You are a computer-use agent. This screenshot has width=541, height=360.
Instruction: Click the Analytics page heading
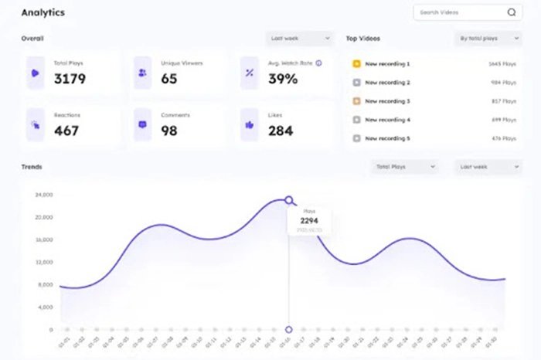pyautogui.click(x=43, y=13)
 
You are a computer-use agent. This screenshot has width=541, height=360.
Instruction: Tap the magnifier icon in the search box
pyautogui.click(x=511, y=12)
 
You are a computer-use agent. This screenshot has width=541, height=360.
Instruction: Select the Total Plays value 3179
pyautogui.click(x=70, y=79)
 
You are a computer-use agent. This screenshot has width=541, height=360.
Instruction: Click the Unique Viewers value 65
pyautogui.click(x=168, y=79)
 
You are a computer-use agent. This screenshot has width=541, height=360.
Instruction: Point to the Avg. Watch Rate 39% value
pyautogui.click(x=282, y=79)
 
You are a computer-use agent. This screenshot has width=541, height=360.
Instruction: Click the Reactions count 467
pyautogui.click(x=66, y=131)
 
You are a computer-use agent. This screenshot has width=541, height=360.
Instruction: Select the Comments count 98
pyautogui.click(x=168, y=131)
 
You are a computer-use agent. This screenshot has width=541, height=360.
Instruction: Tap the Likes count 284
pyautogui.click(x=280, y=131)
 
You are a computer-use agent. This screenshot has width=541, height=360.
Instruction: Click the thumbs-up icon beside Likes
pyautogui.click(x=249, y=124)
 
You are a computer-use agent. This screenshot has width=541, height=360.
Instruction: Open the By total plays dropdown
pyautogui.click(x=487, y=38)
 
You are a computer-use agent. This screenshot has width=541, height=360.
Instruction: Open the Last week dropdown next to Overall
pyautogui.click(x=300, y=38)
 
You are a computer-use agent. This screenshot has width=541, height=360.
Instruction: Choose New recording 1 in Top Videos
pyautogui.click(x=387, y=63)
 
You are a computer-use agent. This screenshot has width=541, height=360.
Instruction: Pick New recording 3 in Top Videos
pyautogui.click(x=387, y=101)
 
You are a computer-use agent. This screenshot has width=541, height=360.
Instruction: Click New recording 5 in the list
pyautogui.click(x=387, y=139)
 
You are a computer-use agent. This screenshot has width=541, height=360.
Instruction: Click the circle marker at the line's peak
pyautogui.click(x=289, y=200)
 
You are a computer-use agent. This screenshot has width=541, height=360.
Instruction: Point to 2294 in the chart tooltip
pyautogui.click(x=309, y=222)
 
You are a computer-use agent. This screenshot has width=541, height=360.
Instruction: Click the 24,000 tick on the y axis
pyautogui.click(x=43, y=195)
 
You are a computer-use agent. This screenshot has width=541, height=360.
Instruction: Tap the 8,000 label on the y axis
pyautogui.click(x=45, y=285)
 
